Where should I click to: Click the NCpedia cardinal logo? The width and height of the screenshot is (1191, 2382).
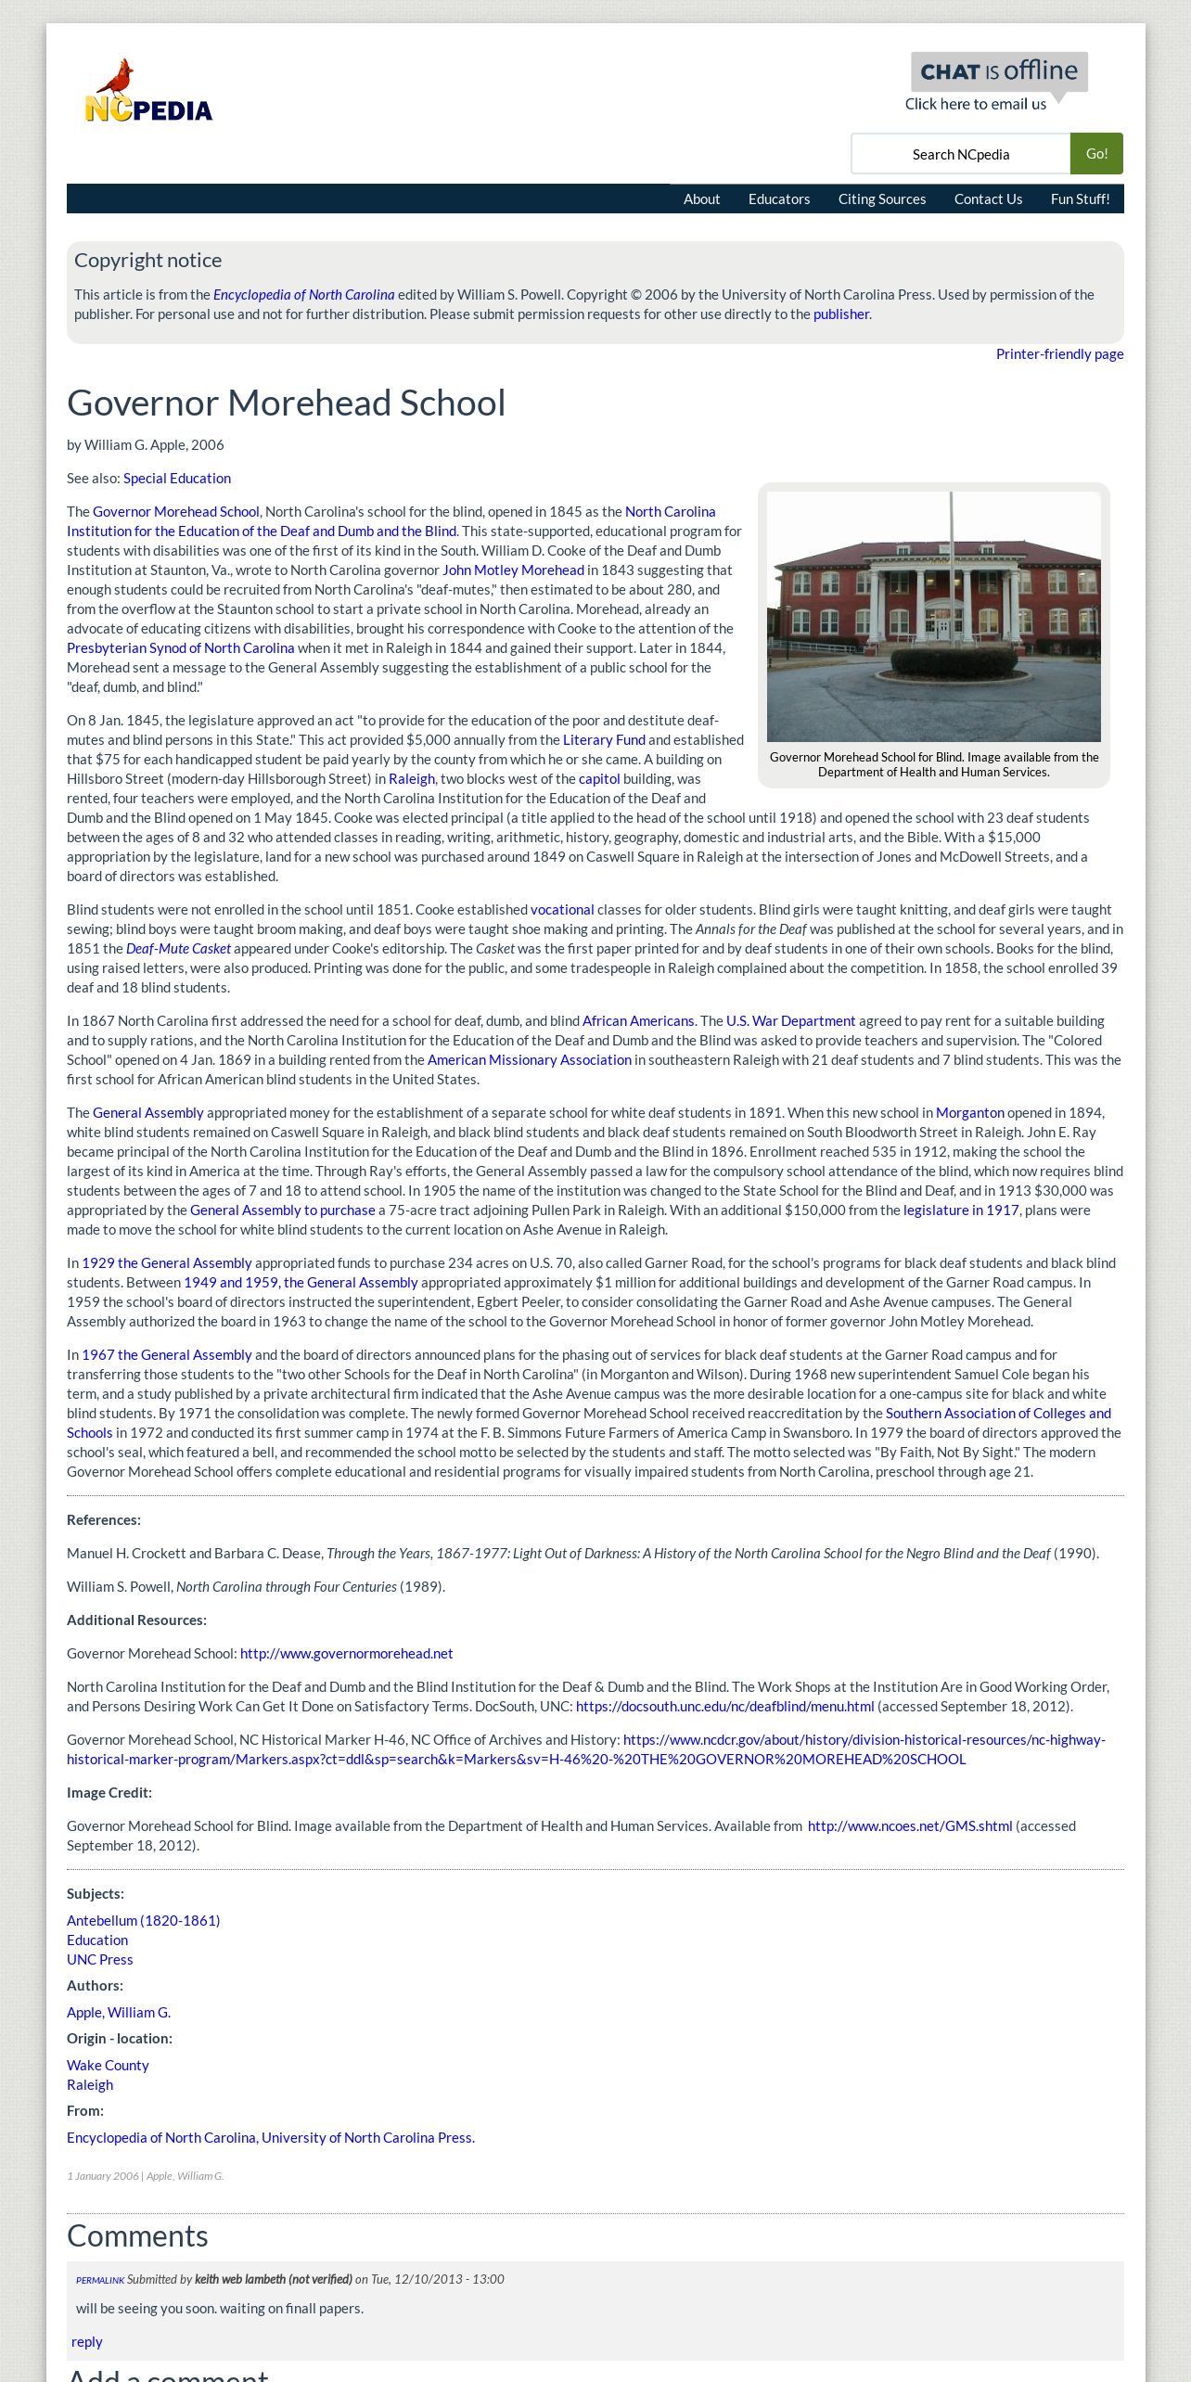[x=148, y=92]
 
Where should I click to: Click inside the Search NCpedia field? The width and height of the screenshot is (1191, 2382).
[x=960, y=154]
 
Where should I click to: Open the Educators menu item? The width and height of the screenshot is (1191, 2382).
[x=778, y=199]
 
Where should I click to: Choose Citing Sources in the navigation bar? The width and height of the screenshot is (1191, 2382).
[x=881, y=199]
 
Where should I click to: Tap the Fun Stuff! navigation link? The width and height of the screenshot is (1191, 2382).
[x=1080, y=199]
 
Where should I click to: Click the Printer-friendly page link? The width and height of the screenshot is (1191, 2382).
[x=1059, y=354]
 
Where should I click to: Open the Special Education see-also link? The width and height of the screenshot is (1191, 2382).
[x=176, y=479]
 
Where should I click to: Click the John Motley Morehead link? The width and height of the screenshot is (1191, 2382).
[x=513, y=570]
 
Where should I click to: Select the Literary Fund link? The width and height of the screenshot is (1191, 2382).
[x=604, y=740]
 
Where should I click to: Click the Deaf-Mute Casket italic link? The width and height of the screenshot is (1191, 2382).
[x=178, y=949]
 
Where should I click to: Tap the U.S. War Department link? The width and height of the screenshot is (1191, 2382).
[x=790, y=1021]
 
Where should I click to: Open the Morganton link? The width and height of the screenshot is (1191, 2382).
[x=969, y=1113]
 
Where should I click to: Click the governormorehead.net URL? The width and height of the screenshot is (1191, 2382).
[x=346, y=1654]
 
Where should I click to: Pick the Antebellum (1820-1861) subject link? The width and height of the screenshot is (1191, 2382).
[x=143, y=1921]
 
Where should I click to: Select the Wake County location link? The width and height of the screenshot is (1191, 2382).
[x=108, y=2066]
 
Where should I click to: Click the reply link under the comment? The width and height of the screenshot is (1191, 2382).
[x=87, y=2342]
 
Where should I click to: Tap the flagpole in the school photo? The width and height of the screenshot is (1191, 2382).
[x=951, y=557]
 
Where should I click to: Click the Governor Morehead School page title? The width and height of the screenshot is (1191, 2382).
[x=286, y=403]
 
